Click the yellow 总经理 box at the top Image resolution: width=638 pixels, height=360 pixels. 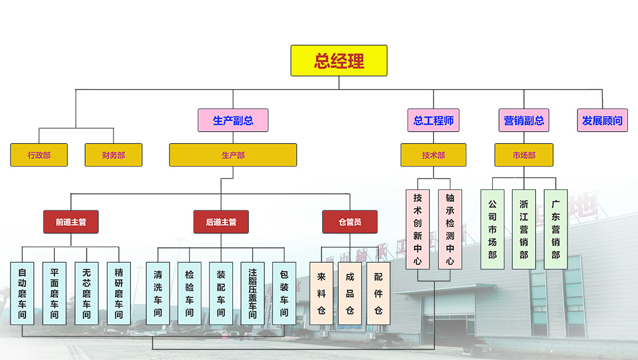(x=339, y=60)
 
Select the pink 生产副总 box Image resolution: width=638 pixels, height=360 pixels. (x=233, y=120)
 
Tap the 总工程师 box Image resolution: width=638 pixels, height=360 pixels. (x=434, y=120)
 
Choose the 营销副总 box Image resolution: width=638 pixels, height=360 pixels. (x=524, y=120)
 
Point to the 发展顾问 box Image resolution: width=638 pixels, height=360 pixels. (x=602, y=120)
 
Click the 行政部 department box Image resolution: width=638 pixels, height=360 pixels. (x=39, y=155)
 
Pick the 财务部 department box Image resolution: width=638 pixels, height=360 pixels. (x=113, y=155)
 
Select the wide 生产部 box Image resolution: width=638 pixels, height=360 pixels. (x=233, y=155)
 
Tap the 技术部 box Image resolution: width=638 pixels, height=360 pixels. (x=434, y=155)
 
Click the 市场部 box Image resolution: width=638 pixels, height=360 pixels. (x=524, y=155)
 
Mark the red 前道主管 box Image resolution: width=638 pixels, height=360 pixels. (x=71, y=222)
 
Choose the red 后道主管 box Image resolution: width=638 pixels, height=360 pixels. (x=221, y=222)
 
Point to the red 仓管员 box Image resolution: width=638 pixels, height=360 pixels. (x=350, y=222)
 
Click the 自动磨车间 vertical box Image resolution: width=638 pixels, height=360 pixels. (x=22, y=293)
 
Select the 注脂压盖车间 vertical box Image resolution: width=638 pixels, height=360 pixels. (x=253, y=293)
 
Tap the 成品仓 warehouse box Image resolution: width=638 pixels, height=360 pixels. (x=350, y=293)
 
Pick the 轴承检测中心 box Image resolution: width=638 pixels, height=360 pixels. (x=450, y=229)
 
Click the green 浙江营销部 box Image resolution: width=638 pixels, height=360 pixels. (x=523, y=229)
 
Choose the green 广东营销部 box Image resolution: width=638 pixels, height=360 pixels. (x=556, y=229)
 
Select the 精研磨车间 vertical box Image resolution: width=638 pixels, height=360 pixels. (x=119, y=293)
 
